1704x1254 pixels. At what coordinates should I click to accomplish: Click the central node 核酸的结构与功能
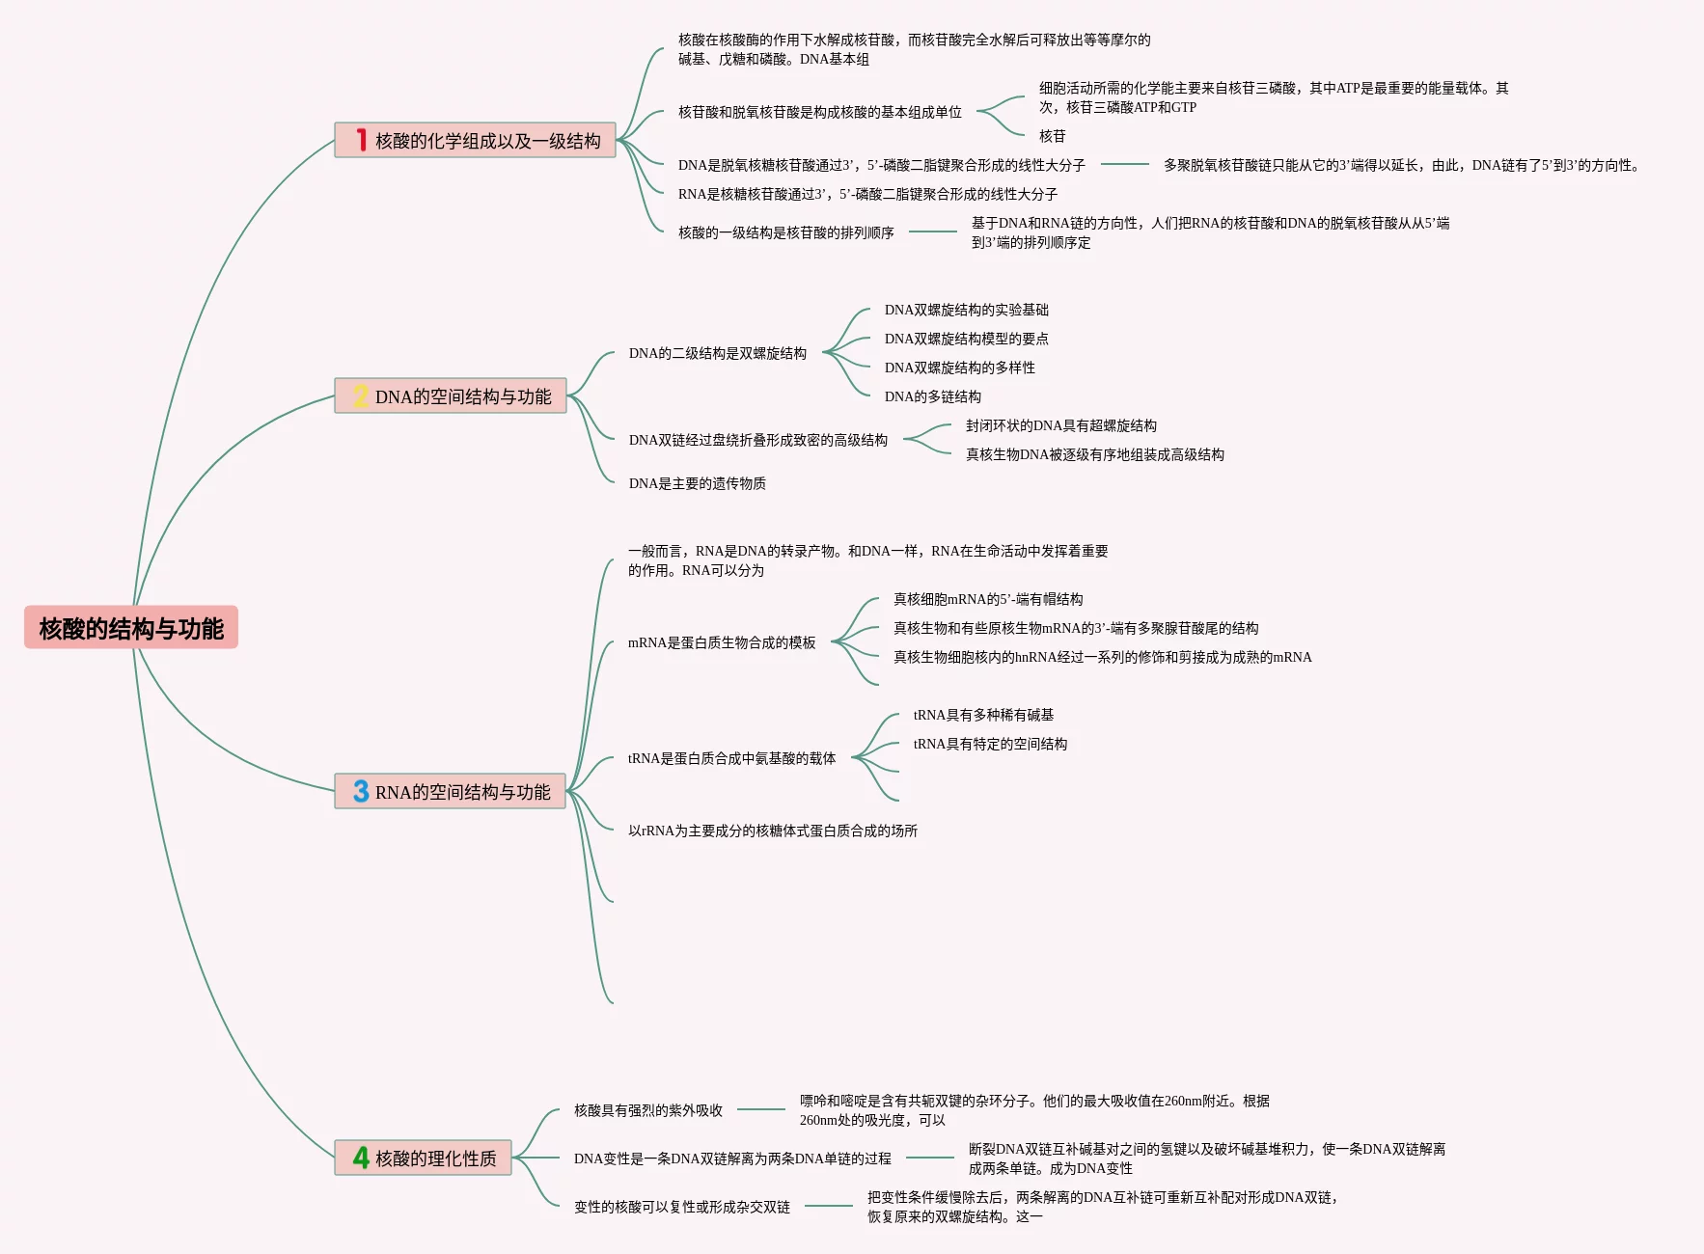(131, 628)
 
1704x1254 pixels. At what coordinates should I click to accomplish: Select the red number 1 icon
(361, 140)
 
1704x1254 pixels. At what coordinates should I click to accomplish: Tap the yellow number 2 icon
(361, 395)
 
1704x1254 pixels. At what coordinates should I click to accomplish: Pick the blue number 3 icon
(361, 791)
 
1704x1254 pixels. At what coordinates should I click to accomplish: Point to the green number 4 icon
(361, 1158)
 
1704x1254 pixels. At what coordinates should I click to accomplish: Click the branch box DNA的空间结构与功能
(451, 395)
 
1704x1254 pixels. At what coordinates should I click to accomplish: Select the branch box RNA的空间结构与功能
(450, 791)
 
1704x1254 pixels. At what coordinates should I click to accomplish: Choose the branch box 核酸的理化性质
(423, 1158)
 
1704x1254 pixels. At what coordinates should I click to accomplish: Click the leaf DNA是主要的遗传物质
(698, 483)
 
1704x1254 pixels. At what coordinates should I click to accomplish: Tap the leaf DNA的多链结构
(933, 396)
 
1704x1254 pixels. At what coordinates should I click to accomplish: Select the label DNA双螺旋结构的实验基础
(967, 310)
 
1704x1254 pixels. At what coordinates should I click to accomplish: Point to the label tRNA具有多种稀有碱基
(983, 715)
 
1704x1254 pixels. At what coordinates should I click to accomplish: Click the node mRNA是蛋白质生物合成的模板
(722, 642)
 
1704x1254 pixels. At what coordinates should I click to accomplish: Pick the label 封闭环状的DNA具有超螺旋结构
(1061, 425)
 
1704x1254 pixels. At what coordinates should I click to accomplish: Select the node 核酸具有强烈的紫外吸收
(648, 1110)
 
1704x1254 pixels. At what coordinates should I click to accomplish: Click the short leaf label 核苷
(1053, 136)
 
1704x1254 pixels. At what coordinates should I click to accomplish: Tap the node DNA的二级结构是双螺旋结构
(718, 353)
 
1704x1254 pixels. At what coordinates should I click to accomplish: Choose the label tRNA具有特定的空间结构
(990, 744)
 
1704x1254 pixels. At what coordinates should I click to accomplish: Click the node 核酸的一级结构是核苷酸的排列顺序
(786, 232)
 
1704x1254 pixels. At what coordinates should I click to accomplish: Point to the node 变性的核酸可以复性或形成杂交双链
(682, 1207)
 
